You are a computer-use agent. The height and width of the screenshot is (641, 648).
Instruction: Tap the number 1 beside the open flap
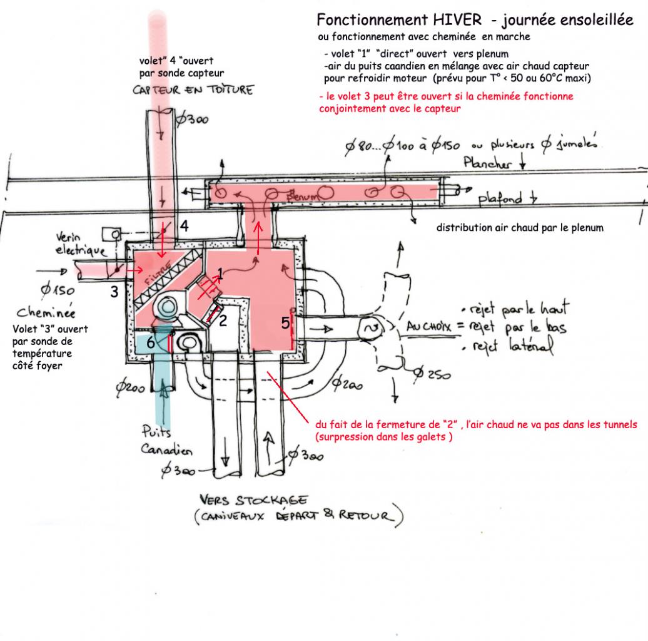(220, 273)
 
